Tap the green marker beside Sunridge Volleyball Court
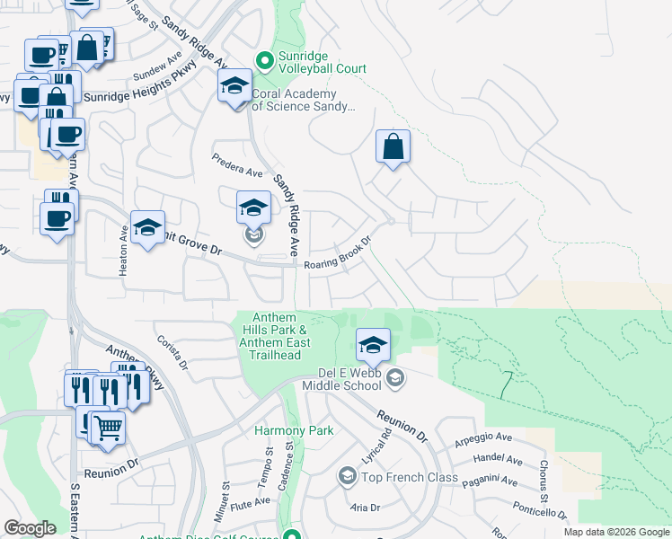[264, 61]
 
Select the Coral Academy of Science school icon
[234, 86]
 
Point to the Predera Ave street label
[237, 165]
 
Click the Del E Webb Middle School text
[349, 379]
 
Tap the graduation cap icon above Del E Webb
[373, 344]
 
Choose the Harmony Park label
[293, 430]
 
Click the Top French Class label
[411, 477]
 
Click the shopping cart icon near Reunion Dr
[108, 429]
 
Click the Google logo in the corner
[30, 528]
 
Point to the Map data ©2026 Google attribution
[615, 532]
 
